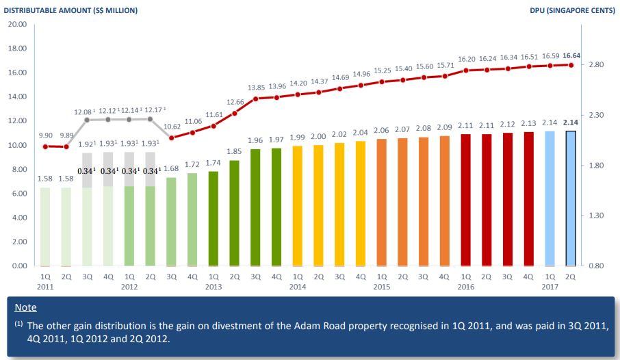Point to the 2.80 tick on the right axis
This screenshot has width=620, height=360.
pos(595,65)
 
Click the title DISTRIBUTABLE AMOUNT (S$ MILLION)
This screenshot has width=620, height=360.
pos(71,11)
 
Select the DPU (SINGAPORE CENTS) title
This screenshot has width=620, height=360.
pos(572,11)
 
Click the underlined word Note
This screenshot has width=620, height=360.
pos(25,308)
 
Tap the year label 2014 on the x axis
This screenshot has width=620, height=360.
pos(297,287)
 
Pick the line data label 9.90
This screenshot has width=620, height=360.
pos(45,136)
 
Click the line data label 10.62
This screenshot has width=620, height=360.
pos(172,127)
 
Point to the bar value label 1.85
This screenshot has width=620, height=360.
pos(235,151)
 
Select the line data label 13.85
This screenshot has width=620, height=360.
pos(256,88)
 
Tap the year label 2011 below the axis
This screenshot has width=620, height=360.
pos(45,287)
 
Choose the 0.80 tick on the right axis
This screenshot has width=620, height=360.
pos(595,266)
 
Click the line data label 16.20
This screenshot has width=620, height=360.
pos(465,60)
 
